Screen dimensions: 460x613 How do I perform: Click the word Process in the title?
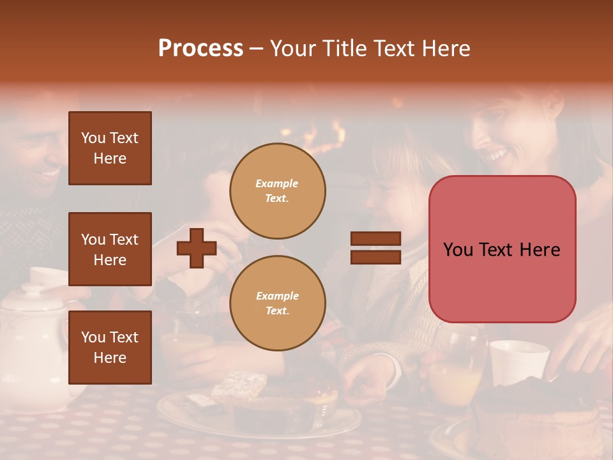pyautogui.click(x=201, y=49)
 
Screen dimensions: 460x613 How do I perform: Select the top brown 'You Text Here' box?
pyautogui.click(x=110, y=148)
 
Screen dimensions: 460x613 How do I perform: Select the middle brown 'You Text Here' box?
pyautogui.click(x=110, y=249)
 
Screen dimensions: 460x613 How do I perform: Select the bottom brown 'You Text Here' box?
pyautogui.click(x=110, y=348)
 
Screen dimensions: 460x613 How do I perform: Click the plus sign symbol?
pyautogui.click(x=197, y=247)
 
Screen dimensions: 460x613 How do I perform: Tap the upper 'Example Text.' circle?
pyautogui.click(x=277, y=191)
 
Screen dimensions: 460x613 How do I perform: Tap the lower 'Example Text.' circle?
pyautogui.click(x=277, y=303)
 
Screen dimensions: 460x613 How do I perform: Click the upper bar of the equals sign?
pyautogui.click(x=375, y=239)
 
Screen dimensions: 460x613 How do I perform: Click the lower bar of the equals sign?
pyautogui.click(x=375, y=257)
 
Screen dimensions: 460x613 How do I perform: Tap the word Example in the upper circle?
pyautogui.click(x=277, y=183)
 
